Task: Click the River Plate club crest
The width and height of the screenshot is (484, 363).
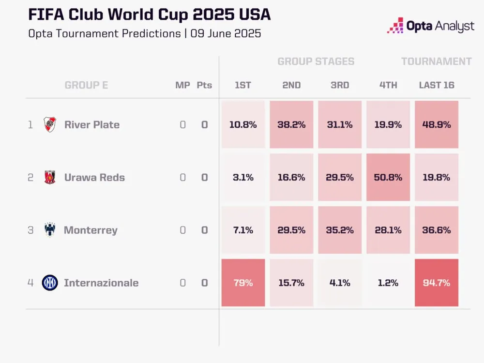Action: [50, 124]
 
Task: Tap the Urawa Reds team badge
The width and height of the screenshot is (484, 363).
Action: [50, 177]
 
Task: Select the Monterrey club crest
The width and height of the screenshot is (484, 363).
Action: [50, 230]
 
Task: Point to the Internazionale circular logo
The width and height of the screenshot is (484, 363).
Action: [50, 283]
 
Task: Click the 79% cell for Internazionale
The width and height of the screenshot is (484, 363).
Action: [243, 283]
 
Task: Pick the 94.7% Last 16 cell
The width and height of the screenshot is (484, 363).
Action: [437, 283]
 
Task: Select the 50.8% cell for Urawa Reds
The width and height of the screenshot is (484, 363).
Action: [388, 177]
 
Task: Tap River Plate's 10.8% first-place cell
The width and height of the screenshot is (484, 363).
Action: [243, 124]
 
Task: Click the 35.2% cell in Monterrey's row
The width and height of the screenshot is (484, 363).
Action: [340, 230]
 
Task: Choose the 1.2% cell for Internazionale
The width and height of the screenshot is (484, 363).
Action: [388, 283]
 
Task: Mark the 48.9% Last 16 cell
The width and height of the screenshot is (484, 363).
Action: [437, 124]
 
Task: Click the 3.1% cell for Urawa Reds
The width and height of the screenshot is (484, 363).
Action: [243, 177]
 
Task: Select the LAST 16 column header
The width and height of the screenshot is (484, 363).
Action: [437, 85]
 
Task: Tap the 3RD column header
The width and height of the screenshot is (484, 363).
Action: [340, 85]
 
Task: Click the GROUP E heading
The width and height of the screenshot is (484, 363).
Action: [86, 85]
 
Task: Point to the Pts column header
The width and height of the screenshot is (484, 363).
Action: [204, 85]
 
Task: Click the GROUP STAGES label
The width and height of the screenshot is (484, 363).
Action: [316, 61]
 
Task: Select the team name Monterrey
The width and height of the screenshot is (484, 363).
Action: [91, 230]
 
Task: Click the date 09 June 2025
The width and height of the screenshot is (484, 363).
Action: [226, 34]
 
